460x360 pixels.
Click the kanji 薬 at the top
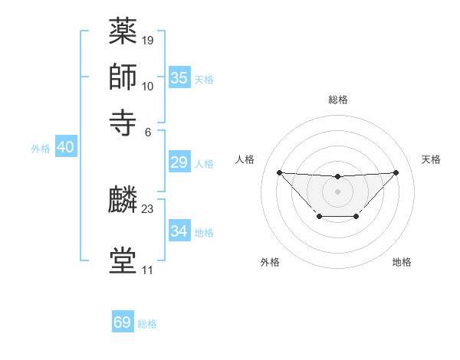tap(123, 31)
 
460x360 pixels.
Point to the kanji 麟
tap(123, 201)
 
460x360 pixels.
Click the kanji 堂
tap(123, 260)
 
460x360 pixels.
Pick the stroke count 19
tap(148, 38)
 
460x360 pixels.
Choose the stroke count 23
tap(148, 208)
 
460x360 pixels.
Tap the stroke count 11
tap(147, 270)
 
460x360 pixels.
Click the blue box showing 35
tap(179, 78)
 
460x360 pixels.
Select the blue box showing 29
tap(179, 162)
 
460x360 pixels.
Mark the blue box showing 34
tap(179, 231)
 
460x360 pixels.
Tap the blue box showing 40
tap(65, 148)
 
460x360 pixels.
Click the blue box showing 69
tap(123, 322)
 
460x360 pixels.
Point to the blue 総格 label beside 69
tap(148, 324)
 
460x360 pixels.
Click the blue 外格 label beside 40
tap(41, 149)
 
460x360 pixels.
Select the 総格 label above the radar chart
tap(338, 100)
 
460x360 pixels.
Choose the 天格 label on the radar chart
tap(432, 159)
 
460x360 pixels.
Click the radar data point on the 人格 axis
tap(279, 172)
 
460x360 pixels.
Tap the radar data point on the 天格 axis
tap(396, 172)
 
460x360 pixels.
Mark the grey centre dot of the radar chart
tap(337, 191)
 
